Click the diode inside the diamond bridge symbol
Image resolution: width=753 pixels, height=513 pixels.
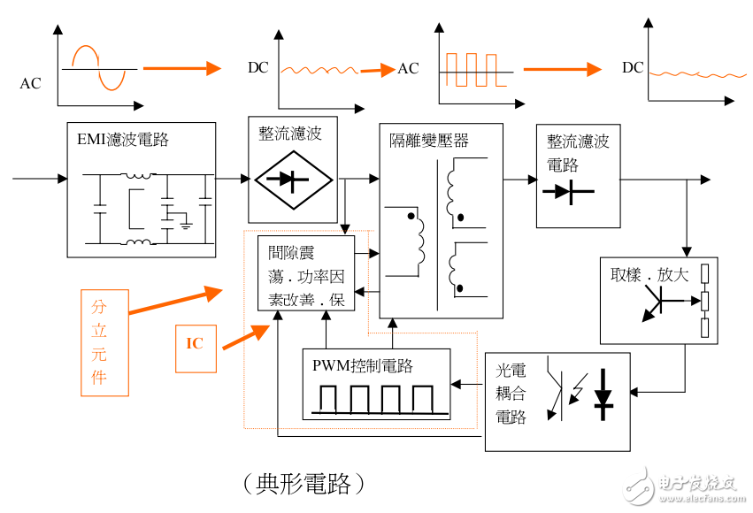[293, 179]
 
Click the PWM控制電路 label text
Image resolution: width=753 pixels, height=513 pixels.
[363, 365]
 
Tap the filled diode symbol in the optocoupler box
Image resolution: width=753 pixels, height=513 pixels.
[604, 393]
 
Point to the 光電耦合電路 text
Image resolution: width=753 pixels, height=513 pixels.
[511, 394]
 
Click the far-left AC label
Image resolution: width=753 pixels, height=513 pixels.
[30, 84]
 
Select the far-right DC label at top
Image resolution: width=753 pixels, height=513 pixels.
[633, 68]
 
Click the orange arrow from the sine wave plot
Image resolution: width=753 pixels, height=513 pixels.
[181, 68]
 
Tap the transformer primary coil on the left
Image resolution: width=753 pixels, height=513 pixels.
[415, 236]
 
